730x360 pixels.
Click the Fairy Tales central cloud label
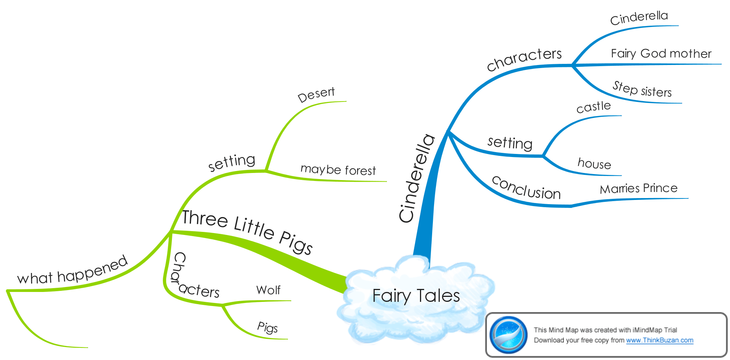click(x=416, y=296)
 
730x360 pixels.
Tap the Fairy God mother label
click(x=661, y=54)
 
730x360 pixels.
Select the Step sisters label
click(x=642, y=90)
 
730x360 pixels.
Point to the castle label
click(x=593, y=107)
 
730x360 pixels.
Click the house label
click(x=594, y=163)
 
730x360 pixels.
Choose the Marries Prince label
click(x=639, y=189)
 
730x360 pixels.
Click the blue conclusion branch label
click(x=526, y=188)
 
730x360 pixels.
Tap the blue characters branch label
click(x=524, y=59)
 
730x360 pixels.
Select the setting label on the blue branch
click(x=510, y=143)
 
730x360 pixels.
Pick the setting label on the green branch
click(x=232, y=162)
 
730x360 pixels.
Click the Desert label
click(x=316, y=94)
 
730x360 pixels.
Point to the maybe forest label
click(x=338, y=170)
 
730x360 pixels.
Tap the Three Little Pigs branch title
click(x=247, y=231)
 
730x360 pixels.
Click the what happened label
click(x=72, y=271)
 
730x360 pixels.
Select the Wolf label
click(x=268, y=290)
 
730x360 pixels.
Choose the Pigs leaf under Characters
click(x=267, y=327)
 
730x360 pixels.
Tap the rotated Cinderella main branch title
click(x=417, y=178)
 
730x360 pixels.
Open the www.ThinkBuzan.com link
click(x=660, y=340)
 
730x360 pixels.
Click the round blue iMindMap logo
click(x=509, y=335)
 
